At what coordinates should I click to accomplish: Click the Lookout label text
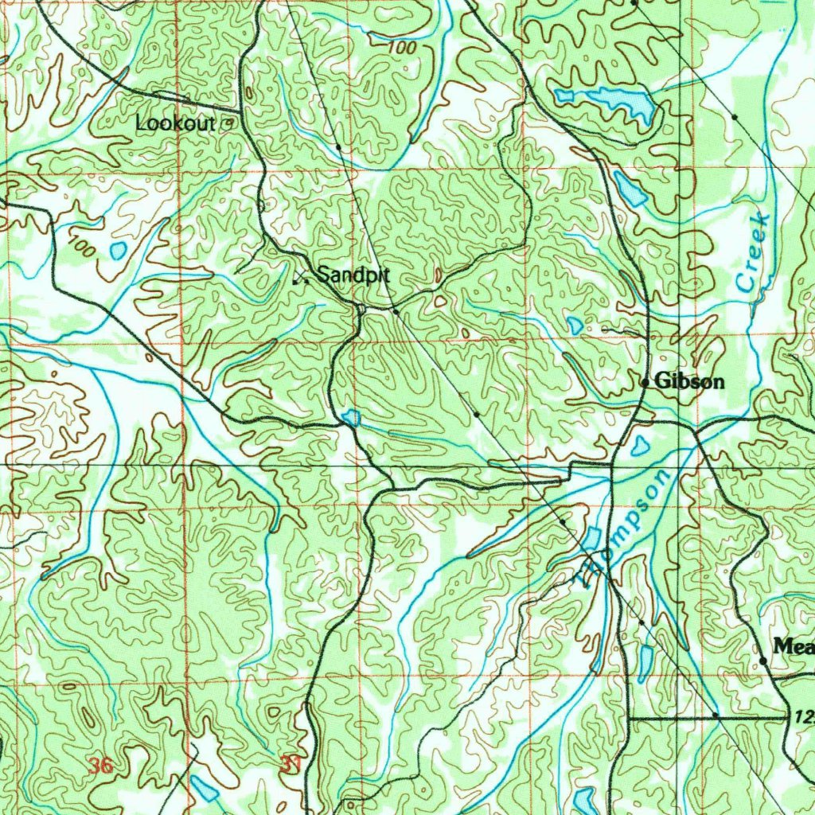point(175,123)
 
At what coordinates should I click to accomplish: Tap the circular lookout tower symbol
point(228,123)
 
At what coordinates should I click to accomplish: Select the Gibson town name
point(689,382)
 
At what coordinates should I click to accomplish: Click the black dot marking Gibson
point(645,383)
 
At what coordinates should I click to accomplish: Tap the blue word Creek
point(753,252)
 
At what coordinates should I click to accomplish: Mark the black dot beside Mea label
point(762,661)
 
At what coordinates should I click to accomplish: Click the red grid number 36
point(100,766)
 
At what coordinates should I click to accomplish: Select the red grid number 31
point(291,765)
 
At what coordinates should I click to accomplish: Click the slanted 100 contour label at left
point(82,248)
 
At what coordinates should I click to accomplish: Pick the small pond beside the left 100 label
point(119,251)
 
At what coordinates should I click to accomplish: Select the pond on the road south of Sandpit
point(350,417)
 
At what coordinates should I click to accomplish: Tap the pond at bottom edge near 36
point(204,789)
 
